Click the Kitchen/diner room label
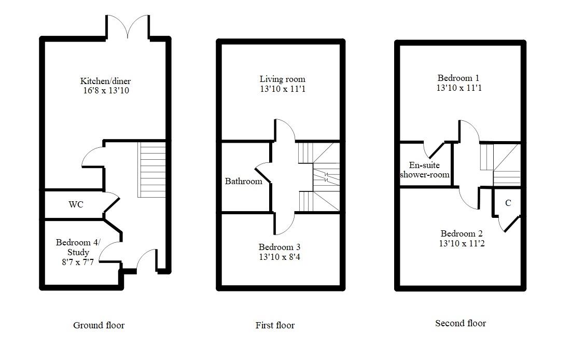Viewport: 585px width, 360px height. pos(105,81)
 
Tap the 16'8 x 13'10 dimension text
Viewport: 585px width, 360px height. pos(105,91)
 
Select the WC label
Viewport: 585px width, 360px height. pos(76,204)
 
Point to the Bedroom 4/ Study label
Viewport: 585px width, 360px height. pos(79,247)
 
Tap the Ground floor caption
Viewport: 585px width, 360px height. pos(99,325)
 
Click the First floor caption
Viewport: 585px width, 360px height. pos(275,325)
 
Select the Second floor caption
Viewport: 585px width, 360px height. pos(461,323)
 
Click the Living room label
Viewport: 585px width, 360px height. pos(283,79)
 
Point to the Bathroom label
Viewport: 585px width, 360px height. pos(243,182)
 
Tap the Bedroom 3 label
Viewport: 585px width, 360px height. pos(280,246)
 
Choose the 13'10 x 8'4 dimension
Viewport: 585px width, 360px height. pos(280,256)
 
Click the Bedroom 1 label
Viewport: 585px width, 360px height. pos(459,78)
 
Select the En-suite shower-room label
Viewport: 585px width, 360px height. pos(424,170)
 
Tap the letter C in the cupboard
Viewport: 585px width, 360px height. pos(508,203)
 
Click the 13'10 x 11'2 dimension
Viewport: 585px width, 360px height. pos(462,243)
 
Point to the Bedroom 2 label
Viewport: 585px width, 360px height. pos(462,233)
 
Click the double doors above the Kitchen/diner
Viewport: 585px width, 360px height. pos(128,26)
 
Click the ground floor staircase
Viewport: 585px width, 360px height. pos(151,170)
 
